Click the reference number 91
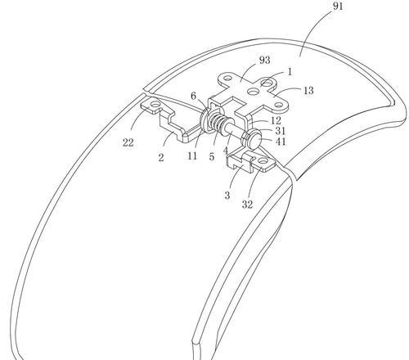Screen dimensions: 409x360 (x=338, y=6)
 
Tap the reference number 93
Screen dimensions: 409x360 (x=264, y=60)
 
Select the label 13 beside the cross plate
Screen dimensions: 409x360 (x=308, y=91)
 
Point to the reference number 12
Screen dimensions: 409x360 (x=276, y=120)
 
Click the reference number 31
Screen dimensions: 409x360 (x=280, y=131)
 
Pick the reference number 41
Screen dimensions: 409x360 (x=281, y=142)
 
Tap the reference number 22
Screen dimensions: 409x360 (x=128, y=142)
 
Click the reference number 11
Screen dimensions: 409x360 (x=192, y=156)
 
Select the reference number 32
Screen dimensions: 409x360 (x=247, y=205)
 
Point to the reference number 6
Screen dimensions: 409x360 (x=193, y=96)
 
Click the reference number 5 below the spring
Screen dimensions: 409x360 (x=212, y=157)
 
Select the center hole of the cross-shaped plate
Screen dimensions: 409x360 (x=254, y=92)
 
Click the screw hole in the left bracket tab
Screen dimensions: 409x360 (x=155, y=104)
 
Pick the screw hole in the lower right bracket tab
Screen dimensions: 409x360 (x=262, y=161)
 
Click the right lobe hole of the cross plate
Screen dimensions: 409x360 (x=278, y=105)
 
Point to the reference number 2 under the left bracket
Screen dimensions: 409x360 (x=161, y=157)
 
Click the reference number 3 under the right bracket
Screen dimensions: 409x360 (x=227, y=196)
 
